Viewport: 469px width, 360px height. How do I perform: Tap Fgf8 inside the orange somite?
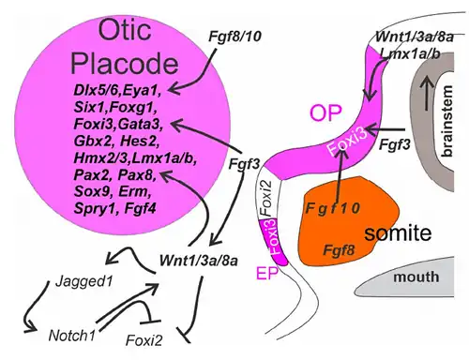pos(339,249)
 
